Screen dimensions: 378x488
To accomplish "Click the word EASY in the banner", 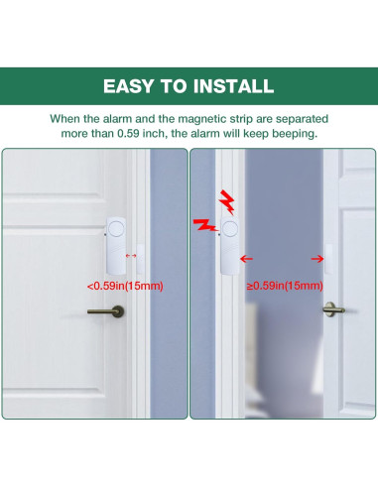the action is point(128,86).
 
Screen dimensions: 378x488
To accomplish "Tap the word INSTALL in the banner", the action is point(233,86).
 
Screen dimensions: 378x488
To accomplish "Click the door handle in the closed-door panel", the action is point(106,311).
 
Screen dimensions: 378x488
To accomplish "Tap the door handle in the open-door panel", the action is point(333,309).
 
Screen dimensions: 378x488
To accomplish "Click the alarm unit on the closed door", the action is point(116,245).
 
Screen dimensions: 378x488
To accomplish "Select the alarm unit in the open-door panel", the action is point(230,245).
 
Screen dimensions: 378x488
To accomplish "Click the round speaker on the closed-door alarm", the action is point(117,228).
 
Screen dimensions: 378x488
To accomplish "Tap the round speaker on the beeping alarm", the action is point(230,228).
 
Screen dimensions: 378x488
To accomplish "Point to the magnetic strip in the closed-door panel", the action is point(140,259).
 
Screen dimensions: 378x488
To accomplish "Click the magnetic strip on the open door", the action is point(328,259).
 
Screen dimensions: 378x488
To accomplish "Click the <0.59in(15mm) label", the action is point(125,286).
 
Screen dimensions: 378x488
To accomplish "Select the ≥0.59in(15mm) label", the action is point(285,286).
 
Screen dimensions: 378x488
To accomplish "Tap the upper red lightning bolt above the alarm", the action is point(227,202).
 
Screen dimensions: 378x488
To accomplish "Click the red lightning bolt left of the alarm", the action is point(205,225).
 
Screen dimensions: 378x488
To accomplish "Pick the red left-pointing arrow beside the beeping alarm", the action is point(246,259).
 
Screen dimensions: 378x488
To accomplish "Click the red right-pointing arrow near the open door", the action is point(317,259).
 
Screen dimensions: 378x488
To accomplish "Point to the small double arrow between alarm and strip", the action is point(131,256).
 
